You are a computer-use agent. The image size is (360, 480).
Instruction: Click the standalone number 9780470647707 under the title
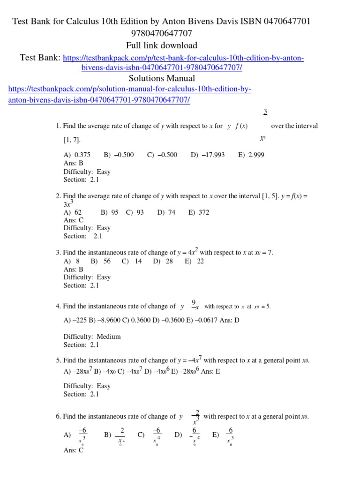(162, 33)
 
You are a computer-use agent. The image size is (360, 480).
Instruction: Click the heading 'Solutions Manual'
(162, 78)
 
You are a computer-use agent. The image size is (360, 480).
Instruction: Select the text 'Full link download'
(162, 45)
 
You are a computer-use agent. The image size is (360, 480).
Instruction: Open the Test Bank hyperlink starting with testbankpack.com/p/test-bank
(183, 58)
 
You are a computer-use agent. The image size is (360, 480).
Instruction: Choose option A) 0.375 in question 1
(77, 155)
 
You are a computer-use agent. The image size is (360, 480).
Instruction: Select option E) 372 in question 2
(199, 212)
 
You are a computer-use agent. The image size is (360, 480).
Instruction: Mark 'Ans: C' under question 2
(74, 220)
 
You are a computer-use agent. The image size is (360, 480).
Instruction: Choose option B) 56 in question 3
(101, 261)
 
